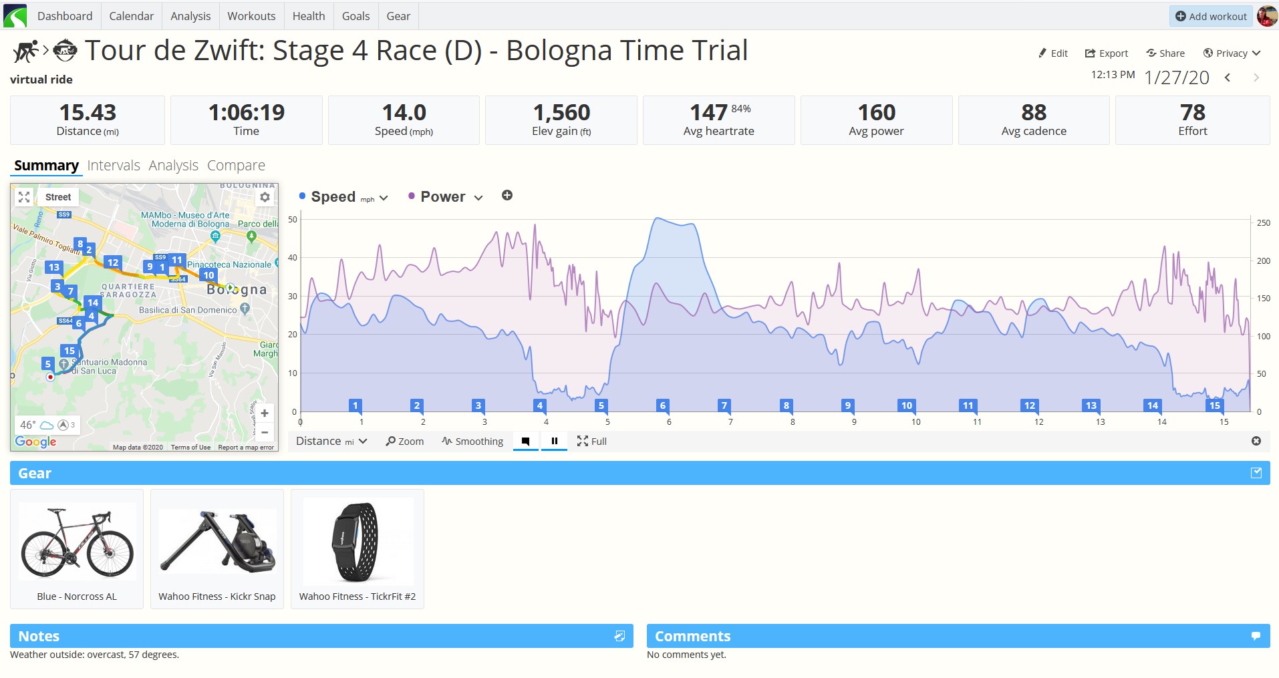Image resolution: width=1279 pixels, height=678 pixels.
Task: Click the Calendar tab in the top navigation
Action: pos(131,16)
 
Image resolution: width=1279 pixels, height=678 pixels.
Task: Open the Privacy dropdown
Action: pos(1232,53)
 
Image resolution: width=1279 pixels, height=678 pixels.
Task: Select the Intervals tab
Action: pos(114,165)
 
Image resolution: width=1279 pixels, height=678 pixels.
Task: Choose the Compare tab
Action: pos(236,165)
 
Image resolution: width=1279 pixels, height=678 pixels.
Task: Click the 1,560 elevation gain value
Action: pos(561,112)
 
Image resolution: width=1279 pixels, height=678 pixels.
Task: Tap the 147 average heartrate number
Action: pos(708,112)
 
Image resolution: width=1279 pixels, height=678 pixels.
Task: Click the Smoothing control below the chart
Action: pos(472,442)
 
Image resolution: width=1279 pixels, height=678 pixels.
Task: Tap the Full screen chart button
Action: pos(592,442)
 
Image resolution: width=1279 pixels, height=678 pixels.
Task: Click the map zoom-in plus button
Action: pos(265,413)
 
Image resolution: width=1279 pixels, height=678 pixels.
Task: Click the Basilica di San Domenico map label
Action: pos(188,310)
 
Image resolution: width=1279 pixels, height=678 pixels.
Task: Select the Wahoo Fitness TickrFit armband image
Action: pos(358,542)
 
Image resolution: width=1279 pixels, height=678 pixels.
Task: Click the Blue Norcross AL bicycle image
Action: pos(77,543)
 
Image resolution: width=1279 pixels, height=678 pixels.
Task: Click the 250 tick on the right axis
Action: pos(1263,223)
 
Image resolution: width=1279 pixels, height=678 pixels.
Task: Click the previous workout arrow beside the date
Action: pos(1228,78)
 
